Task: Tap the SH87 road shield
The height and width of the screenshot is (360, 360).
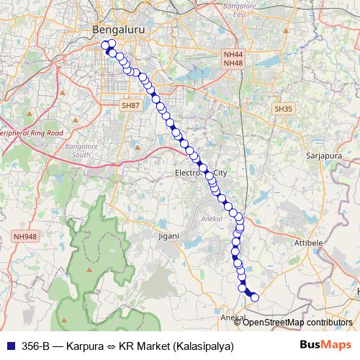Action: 130,105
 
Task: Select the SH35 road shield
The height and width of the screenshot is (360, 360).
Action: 283,108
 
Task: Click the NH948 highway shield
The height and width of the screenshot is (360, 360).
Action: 24,235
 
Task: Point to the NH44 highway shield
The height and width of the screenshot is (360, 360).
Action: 233,54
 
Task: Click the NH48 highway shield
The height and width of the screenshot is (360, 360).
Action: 233,63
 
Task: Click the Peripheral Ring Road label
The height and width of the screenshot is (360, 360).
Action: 32,133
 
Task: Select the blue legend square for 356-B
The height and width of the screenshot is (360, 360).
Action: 9,346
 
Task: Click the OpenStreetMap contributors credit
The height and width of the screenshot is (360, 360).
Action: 298,322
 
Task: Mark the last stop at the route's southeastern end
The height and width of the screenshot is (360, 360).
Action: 253,297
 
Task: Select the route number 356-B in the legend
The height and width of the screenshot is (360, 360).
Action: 35,346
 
